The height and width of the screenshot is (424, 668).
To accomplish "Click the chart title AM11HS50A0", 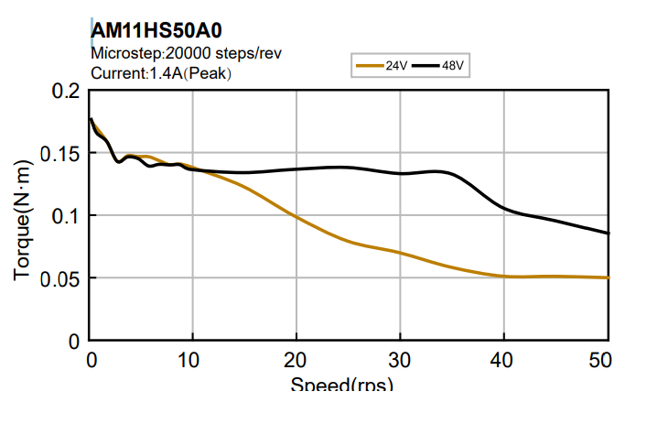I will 156,30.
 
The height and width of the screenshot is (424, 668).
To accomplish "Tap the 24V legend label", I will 396,66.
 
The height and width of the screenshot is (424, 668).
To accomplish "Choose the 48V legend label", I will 455,66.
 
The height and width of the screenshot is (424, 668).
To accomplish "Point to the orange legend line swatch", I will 370,66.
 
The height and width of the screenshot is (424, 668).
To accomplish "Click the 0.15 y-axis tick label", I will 60,153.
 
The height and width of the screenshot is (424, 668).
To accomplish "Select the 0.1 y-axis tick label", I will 66,215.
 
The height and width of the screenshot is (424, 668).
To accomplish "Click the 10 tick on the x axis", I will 192,359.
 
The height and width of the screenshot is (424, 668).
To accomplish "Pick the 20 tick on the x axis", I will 296,359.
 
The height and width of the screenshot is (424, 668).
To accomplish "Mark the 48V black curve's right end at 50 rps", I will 607,233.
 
